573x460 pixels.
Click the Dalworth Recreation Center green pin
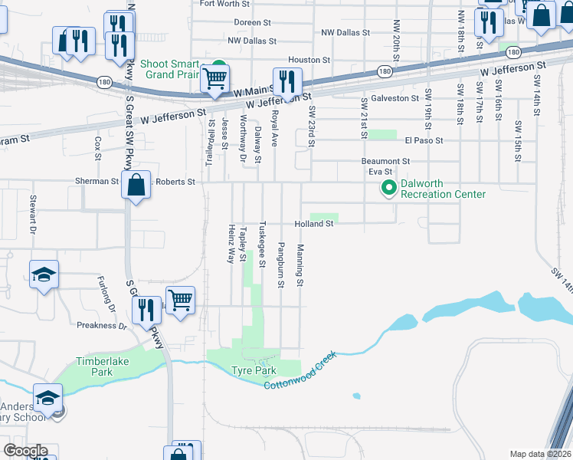(388, 186)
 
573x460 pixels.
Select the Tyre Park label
(254, 370)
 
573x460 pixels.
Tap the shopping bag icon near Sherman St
(136, 186)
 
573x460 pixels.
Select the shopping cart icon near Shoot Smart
(214, 78)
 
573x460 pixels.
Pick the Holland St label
(314, 224)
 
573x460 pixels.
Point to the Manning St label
(301, 266)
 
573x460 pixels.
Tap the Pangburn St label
(281, 264)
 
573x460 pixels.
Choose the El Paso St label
(420, 141)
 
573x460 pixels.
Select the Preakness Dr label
(101, 325)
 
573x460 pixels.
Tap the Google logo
(25, 451)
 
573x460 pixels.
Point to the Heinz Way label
(231, 244)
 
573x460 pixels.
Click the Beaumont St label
(386, 162)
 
